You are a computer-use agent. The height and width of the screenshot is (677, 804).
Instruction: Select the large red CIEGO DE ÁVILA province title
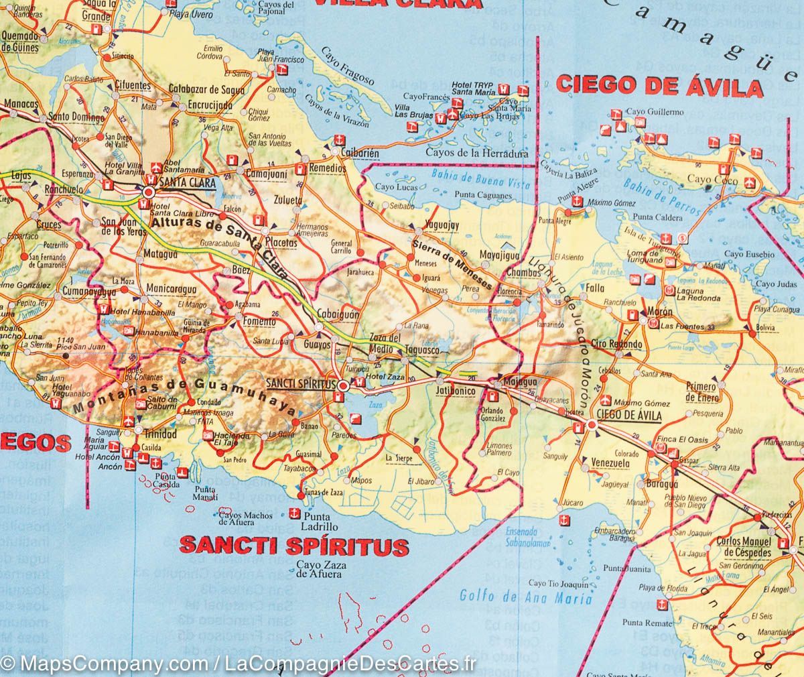point(660,86)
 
